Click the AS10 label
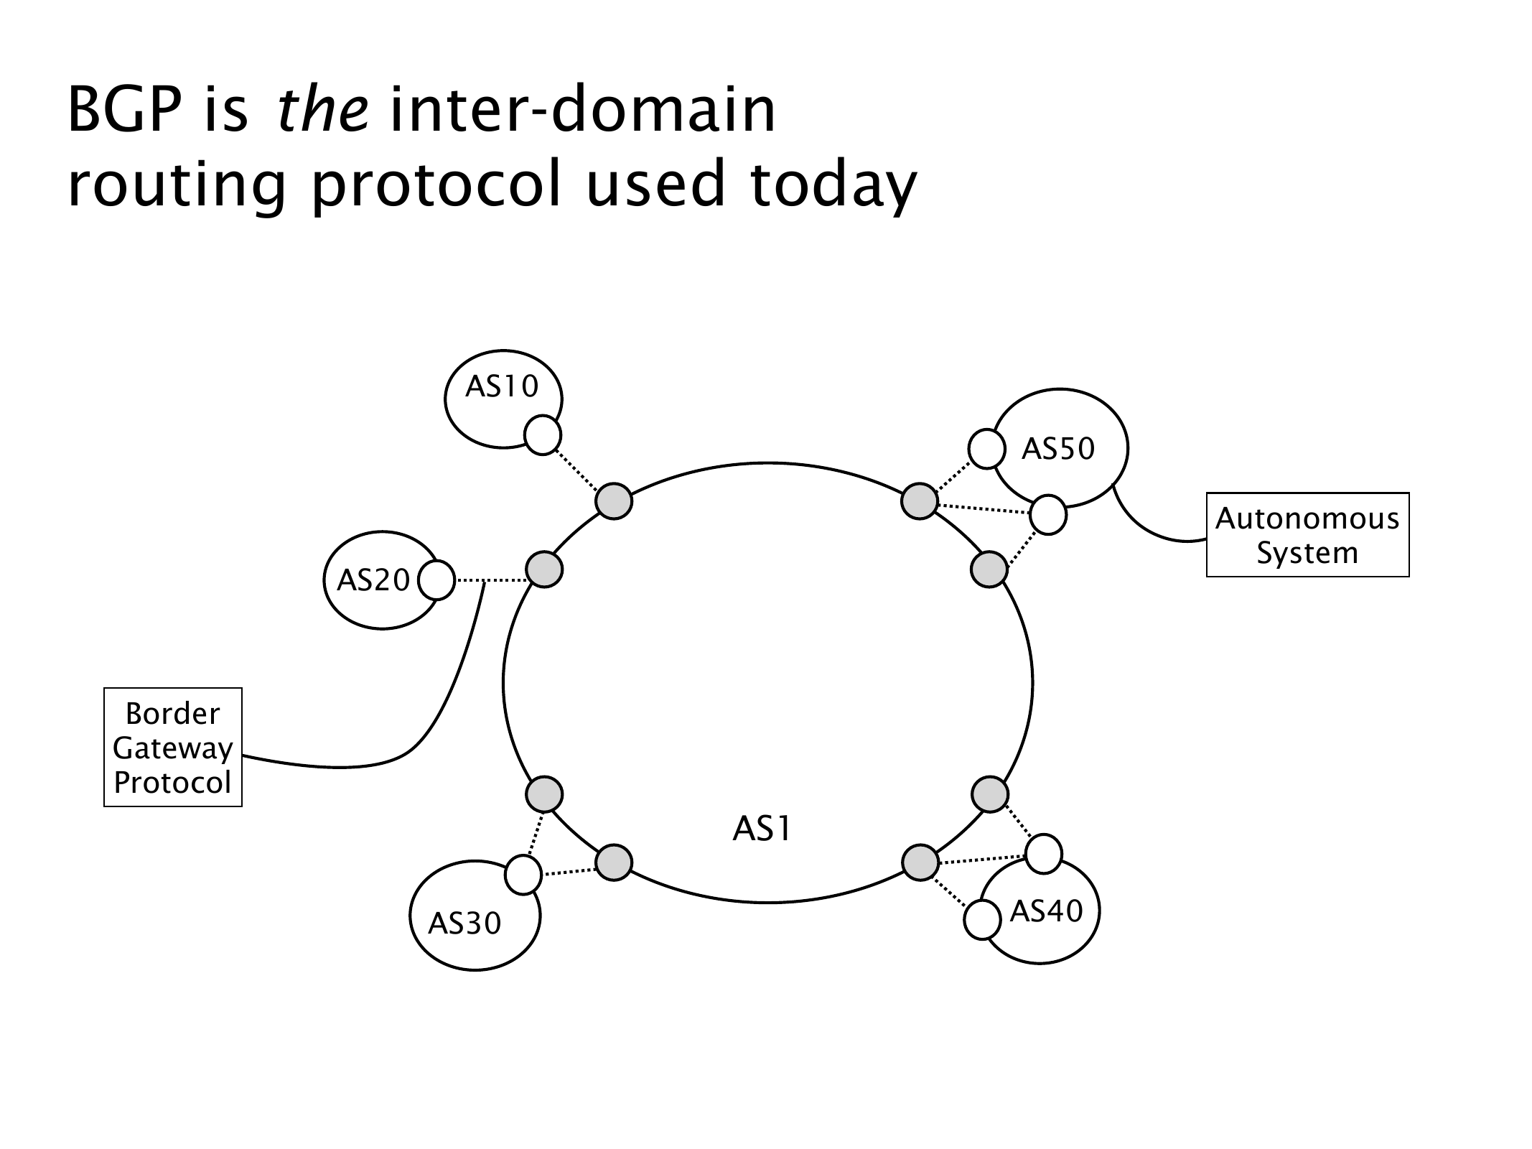501,387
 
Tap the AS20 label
373,580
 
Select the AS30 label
464,924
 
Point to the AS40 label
1046,911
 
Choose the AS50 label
1058,449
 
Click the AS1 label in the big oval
762,829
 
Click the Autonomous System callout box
1307,535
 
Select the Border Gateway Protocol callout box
173,748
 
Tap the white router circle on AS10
543,435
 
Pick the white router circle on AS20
436,580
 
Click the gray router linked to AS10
614,501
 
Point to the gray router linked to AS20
544,569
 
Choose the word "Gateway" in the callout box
173,748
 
